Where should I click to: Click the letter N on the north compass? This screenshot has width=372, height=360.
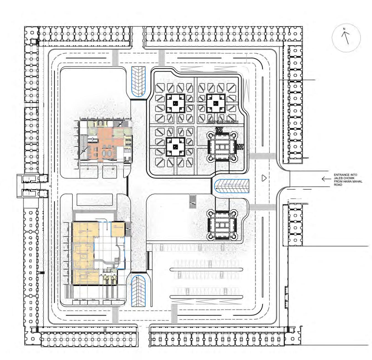[344, 29]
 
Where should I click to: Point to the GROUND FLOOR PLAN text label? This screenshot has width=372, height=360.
[222, 121]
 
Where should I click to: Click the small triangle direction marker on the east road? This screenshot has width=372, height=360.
[264, 178]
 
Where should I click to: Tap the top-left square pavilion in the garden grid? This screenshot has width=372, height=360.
[175, 103]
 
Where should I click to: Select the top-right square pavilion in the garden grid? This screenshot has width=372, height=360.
[216, 103]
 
